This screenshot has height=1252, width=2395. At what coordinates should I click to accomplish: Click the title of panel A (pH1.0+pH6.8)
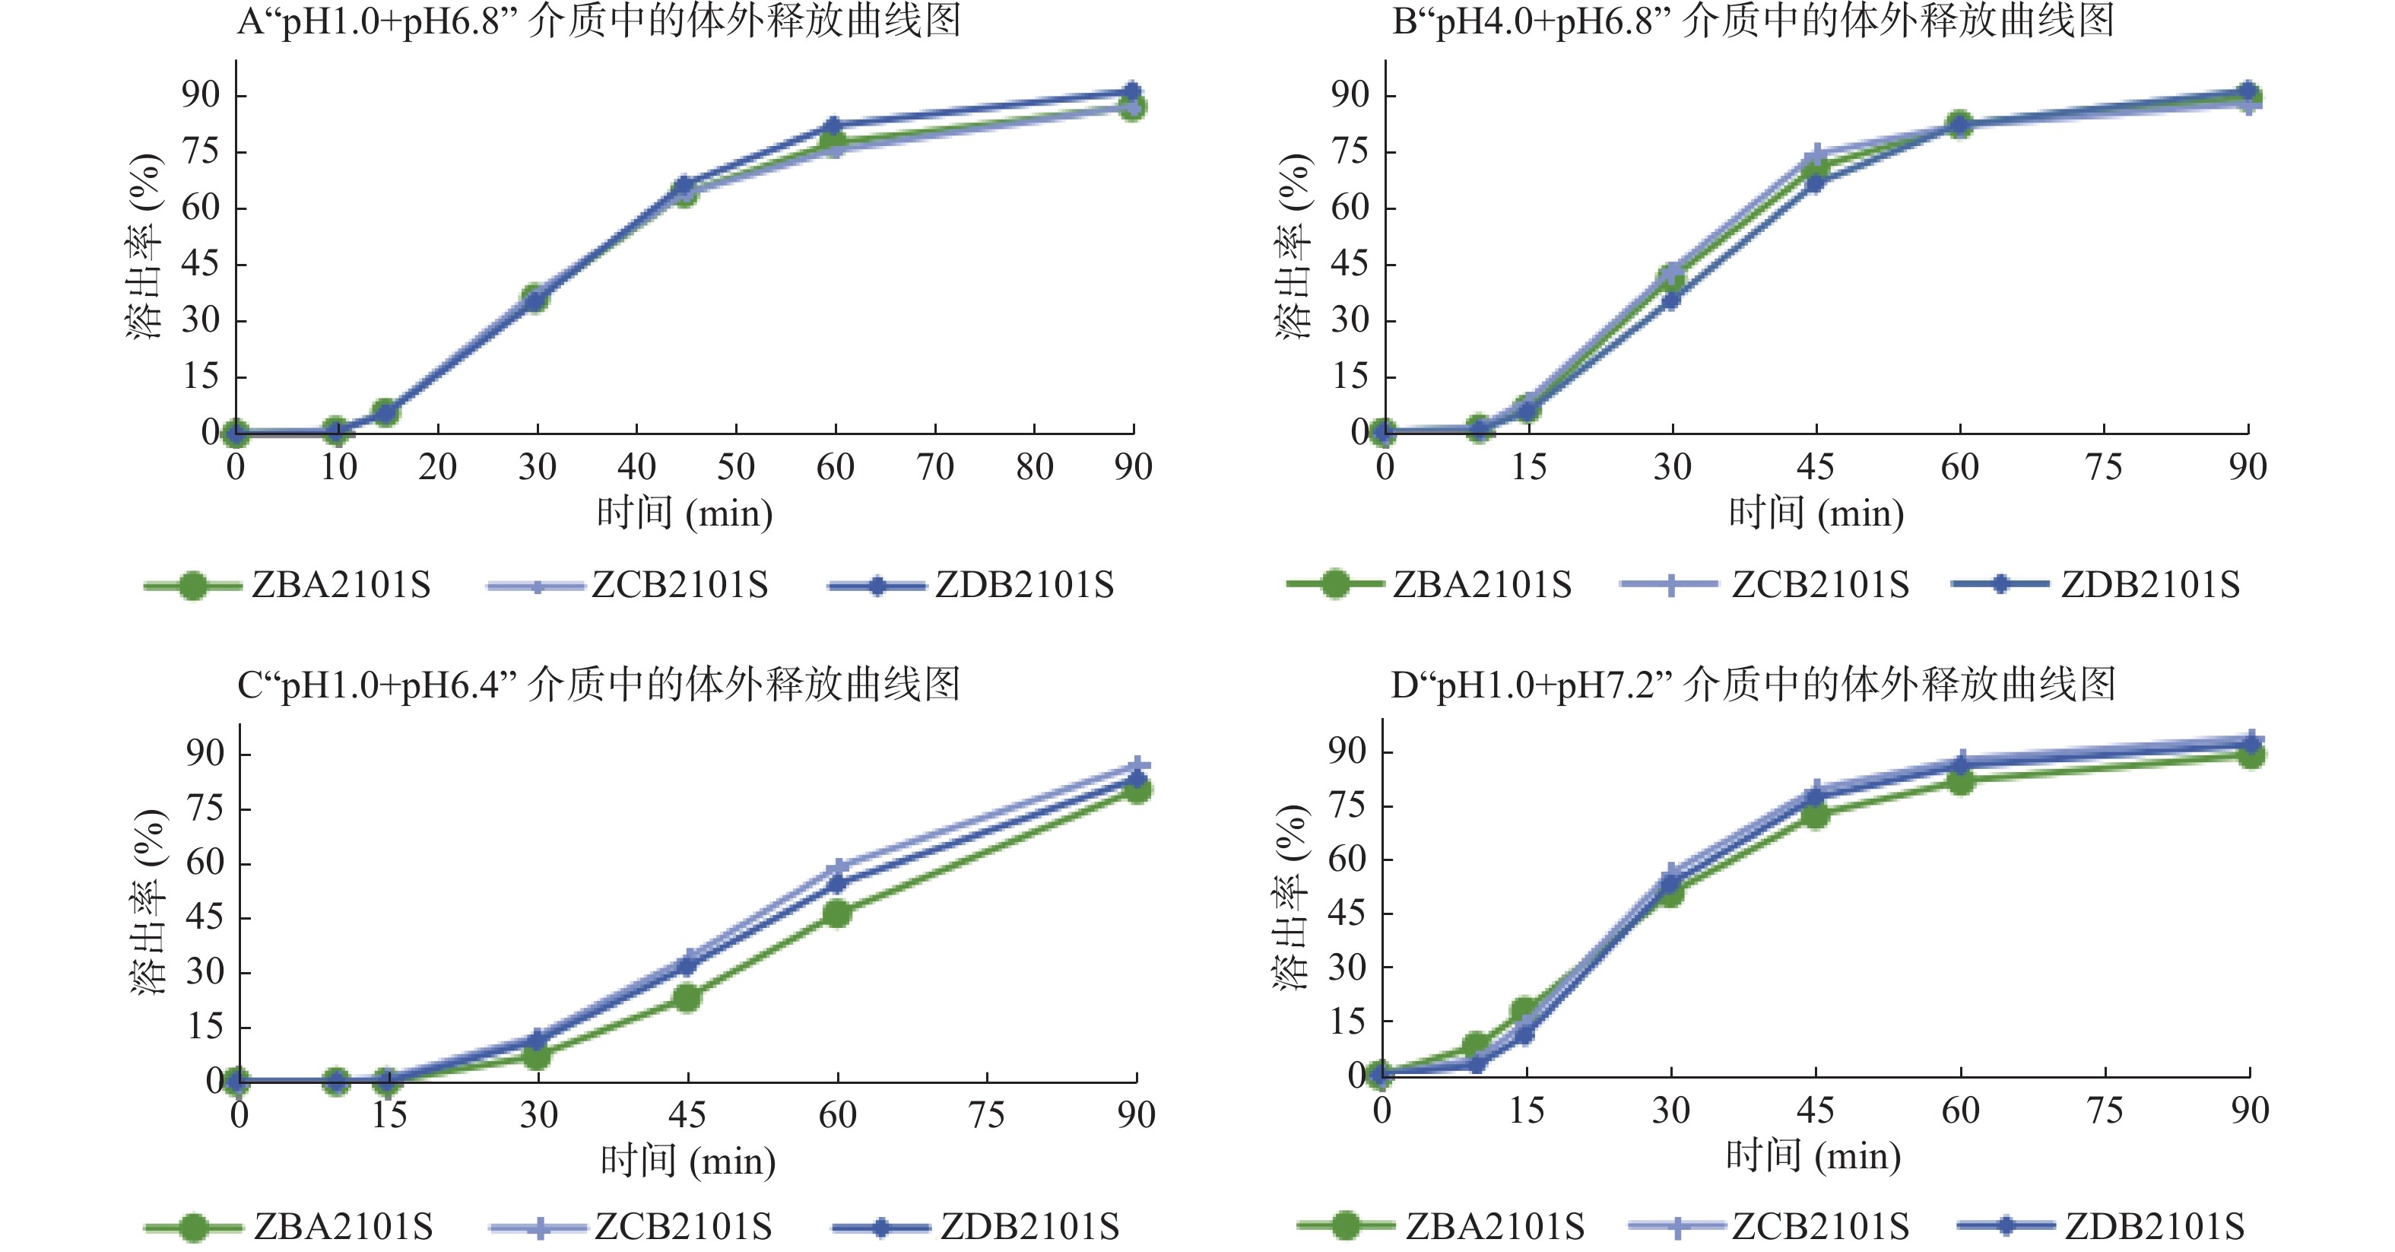click(x=599, y=21)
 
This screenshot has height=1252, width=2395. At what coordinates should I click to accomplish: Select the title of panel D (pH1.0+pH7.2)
click(x=1753, y=685)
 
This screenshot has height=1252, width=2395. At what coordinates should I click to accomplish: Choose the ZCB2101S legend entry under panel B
click(x=1819, y=585)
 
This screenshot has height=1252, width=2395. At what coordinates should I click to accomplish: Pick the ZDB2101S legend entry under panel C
click(x=1029, y=1227)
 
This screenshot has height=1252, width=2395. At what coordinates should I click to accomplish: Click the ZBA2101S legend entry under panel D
click(x=1494, y=1227)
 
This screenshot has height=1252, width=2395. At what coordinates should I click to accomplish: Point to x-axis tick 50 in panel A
click(x=735, y=467)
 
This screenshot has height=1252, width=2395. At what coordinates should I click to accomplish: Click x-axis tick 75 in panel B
click(x=2104, y=467)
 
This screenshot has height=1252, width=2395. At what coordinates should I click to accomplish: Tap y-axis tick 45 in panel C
click(x=205, y=917)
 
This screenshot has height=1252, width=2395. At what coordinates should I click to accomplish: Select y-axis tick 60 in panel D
click(x=1347, y=859)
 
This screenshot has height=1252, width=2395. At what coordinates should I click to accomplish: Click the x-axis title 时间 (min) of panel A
click(x=685, y=513)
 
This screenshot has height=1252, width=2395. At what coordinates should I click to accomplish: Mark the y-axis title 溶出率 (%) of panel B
click(x=1293, y=246)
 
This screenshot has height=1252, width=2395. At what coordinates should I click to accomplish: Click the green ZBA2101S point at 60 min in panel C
click(x=837, y=914)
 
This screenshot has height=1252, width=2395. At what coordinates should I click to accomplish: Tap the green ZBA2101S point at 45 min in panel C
click(x=687, y=998)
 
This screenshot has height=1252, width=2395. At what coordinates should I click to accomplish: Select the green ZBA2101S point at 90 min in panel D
click(x=2250, y=755)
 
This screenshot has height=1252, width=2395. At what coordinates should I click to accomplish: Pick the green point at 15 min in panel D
click(x=1524, y=1011)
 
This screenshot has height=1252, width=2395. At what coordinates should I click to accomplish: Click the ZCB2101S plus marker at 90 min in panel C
click(x=1137, y=767)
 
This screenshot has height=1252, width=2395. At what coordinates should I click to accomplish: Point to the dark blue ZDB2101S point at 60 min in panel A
click(x=834, y=126)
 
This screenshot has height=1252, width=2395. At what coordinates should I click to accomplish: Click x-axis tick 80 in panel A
click(x=1035, y=467)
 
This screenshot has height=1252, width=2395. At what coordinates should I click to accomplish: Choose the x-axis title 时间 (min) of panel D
click(x=1814, y=1156)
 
